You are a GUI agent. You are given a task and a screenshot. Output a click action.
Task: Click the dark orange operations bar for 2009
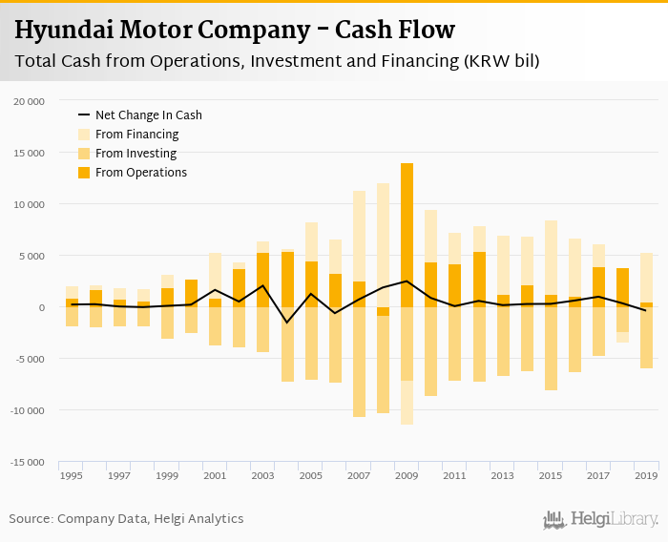pyautogui.click(x=407, y=235)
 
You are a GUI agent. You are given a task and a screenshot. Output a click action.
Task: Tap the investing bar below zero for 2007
pyautogui.click(x=359, y=363)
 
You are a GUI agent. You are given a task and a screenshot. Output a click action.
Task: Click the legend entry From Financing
pyautogui.click(x=136, y=135)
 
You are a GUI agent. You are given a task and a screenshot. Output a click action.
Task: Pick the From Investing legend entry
pyautogui.click(x=136, y=154)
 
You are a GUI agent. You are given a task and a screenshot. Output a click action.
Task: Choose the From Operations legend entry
pyautogui.click(x=140, y=173)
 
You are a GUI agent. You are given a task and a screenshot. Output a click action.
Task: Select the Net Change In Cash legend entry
pyautogui.click(x=148, y=115)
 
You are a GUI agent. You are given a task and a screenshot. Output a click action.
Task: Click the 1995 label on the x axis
pyautogui.click(x=71, y=474)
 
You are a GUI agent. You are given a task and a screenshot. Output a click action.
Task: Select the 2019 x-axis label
pyautogui.click(x=645, y=474)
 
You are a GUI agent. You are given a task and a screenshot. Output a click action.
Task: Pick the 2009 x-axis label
pyautogui.click(x=407, y=474)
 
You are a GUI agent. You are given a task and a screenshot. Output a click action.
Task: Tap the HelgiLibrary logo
pyautogui.click(x=601, y=519)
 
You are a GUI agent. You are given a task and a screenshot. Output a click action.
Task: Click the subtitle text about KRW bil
pyautogui.click(x=277, y=62)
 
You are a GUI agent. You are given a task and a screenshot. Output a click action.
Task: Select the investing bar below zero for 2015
pyautogui.click(x=551, y=348)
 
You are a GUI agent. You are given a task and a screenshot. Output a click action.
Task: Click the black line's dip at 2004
pyautogui.click(x=287, y=323)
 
